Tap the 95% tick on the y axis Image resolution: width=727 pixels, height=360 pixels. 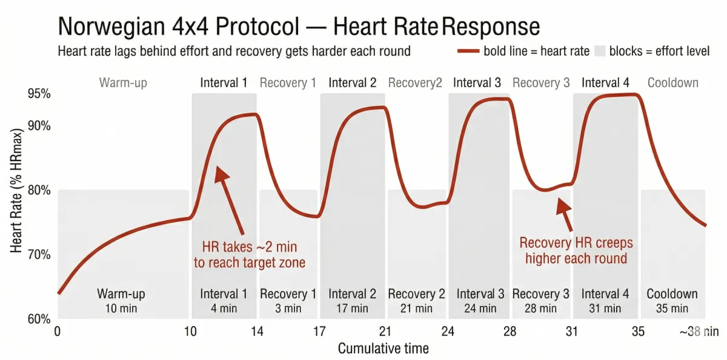click(x=38, y=94)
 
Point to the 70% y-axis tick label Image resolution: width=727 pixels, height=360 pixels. click(x=38, y=255)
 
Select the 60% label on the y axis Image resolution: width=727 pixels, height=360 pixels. click(x=38, y=319)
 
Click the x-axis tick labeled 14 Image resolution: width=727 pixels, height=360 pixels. click(x=257, y=332)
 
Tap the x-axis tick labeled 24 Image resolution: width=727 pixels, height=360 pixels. click(x=448, y=332)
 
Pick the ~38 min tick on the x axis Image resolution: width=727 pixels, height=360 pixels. click(x=699, y=332)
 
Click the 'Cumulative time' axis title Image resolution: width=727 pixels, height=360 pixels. click(x=383, y=348)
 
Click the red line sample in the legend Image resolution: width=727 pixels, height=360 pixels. click(x=469, y=51)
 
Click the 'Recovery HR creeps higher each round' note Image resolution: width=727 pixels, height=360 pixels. click(x=576, y=251)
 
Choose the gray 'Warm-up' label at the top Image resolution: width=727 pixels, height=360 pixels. click(x=123, y=82)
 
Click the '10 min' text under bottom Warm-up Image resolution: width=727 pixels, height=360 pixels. click(x=121, y=308)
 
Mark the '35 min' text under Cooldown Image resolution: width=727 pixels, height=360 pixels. click(x=672, y=308)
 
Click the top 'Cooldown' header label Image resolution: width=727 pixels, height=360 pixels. click(x=672, y=82)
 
